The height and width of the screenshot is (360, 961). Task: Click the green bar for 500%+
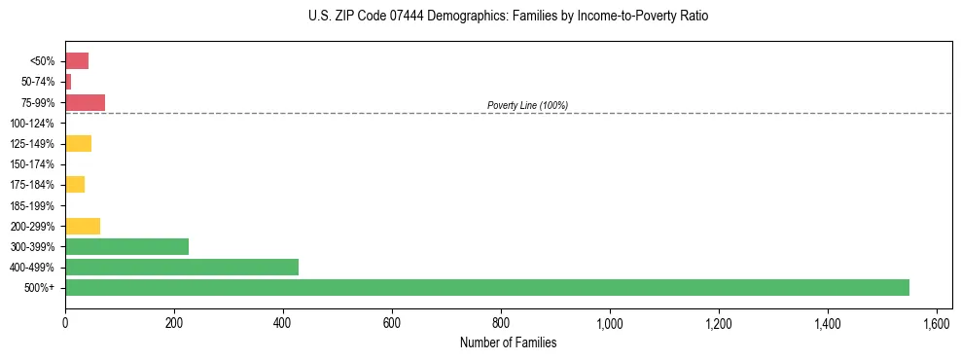pos(486,287)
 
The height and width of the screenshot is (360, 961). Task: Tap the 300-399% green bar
pos(126,246)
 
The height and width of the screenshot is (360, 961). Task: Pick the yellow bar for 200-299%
pos(83,226)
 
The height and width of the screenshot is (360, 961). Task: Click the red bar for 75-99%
pos(85,102)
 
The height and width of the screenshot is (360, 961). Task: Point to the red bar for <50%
pos(77,60)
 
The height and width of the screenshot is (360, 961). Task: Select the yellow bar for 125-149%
pos(78,143)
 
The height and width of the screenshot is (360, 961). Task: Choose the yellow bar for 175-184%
pos(75,184)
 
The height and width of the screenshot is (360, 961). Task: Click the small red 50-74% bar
pos(68,82)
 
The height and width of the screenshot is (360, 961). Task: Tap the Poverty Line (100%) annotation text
pos(527,105)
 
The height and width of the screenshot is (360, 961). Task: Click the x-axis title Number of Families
pos(509,342)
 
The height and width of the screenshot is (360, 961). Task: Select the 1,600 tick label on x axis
pos(937,323)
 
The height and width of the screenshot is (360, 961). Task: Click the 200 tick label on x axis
pos(174,323)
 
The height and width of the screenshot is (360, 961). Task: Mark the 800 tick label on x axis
pos(501,323)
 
